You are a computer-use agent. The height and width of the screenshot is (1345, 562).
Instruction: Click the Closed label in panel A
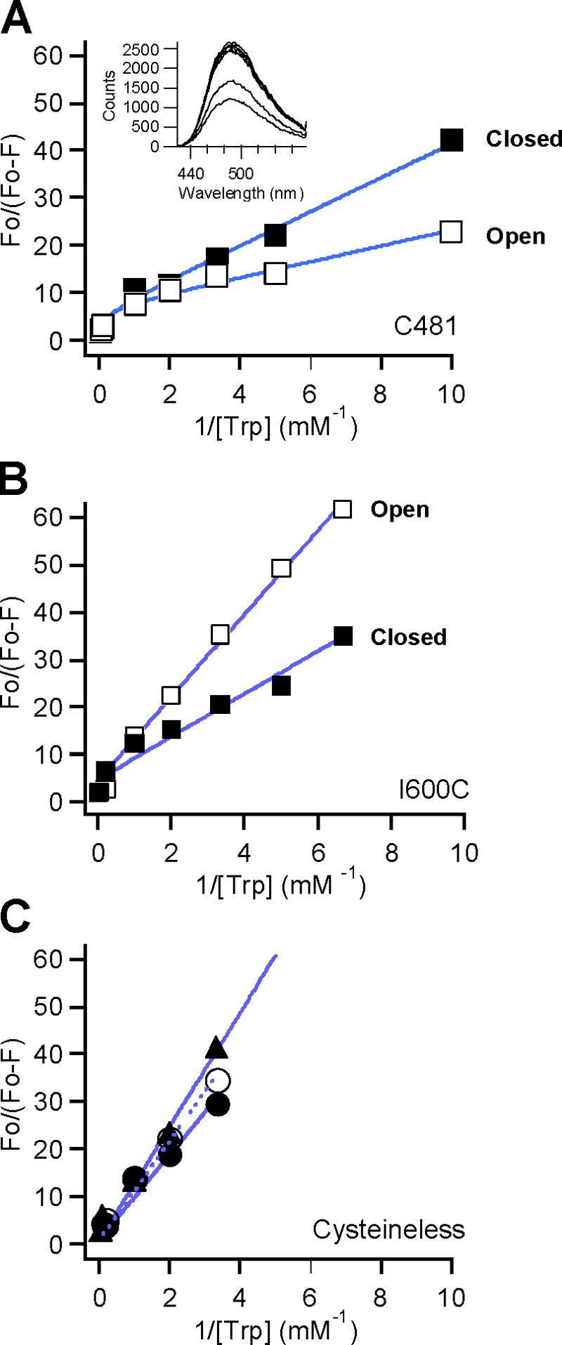click(x=524, y=139)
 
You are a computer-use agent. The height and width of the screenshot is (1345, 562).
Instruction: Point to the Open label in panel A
click(x=515, y=236)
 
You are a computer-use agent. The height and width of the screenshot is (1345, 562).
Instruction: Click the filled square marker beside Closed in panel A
click(x=452, y=140)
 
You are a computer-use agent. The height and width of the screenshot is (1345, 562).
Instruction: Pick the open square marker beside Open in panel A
click(x=451, y=232)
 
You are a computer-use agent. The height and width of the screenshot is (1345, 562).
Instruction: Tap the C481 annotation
click(x=426, y=326)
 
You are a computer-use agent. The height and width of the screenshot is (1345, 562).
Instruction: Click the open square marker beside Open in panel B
click(x=342, y=509)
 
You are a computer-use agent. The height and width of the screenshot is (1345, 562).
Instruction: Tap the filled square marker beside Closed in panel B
click(x=342, y=636)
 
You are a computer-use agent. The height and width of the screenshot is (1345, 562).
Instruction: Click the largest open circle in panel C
click(x=218, y=1080)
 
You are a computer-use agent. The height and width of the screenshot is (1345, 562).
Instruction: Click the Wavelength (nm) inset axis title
click(x=241, y=192)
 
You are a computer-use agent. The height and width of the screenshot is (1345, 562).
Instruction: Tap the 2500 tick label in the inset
click(x=141, y=49)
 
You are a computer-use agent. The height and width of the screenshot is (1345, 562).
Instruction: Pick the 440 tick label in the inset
click(x=191, y=173)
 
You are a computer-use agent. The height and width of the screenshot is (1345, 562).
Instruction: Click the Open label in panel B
click(x=400, y=509)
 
